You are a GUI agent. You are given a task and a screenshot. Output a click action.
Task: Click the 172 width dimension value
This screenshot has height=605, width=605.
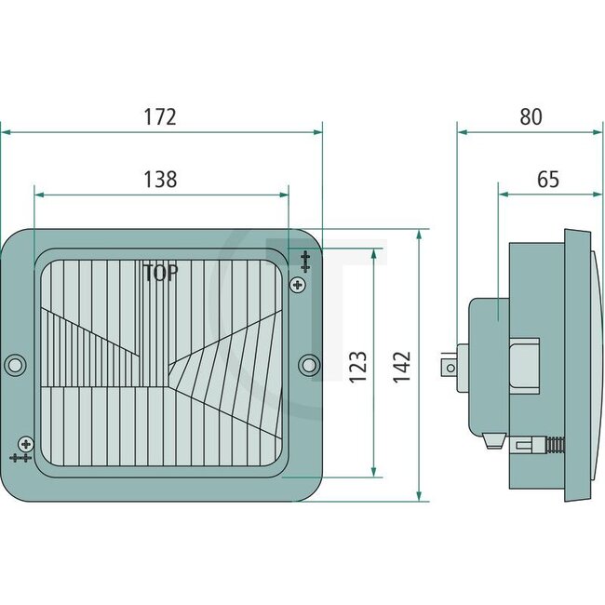pos(160,117)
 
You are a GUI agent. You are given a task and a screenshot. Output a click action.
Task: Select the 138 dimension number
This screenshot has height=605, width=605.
pos(160,180)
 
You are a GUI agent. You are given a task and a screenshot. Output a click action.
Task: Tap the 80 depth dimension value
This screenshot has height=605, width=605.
pos(531,117)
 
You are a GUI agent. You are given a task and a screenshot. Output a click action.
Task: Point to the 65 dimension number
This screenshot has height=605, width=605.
pos(548,180)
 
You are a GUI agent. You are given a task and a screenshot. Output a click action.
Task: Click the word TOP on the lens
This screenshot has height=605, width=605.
pos(161,274)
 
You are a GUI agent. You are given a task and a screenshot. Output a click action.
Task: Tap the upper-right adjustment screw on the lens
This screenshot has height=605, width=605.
pos(298,284)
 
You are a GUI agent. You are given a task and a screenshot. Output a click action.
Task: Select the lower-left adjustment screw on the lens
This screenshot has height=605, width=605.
pos(25,444)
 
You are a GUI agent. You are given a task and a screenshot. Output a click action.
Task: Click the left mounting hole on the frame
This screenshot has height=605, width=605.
pos(15,364)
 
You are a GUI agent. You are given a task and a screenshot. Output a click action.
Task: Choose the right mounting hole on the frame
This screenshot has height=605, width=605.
pos(311,364)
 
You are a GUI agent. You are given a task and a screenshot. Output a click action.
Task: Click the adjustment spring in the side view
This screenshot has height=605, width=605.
pos(552,443)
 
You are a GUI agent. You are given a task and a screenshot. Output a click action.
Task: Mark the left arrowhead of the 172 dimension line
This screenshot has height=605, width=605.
pos(5,131)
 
